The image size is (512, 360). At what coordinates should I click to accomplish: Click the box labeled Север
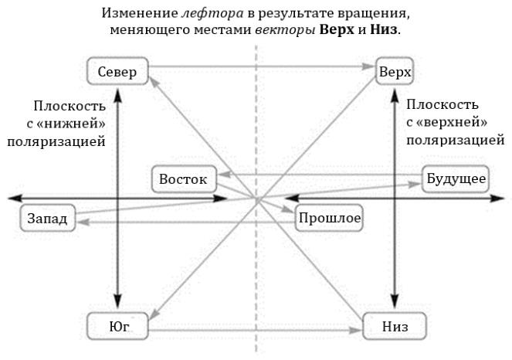(x=117, y=71)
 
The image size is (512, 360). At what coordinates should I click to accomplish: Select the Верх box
(x=395, y=71)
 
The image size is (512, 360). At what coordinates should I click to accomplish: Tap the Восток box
(x=184, y=179)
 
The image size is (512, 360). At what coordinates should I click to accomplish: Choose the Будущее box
(x=456, y=179)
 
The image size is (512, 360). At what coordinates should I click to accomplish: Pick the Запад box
(x=48, y=218)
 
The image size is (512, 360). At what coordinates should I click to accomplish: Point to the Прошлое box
(x=329, y=218)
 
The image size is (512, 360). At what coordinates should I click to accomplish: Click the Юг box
(x=117, y=326)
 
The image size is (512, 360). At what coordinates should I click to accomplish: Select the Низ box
(x=395, y=326)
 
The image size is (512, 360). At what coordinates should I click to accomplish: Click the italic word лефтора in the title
(x=212, y=13)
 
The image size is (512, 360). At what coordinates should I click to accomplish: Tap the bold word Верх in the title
(x=337, y=29)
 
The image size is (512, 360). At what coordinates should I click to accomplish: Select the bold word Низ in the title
(x=384, y=29)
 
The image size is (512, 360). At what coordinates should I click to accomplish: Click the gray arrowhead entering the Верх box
(x=369, y=66)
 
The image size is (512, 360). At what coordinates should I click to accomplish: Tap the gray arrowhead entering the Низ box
(x=356, y=331)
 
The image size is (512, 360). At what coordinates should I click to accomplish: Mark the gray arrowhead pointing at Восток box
(x=224, y=175)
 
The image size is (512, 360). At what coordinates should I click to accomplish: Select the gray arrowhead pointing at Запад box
(x=83, y=222)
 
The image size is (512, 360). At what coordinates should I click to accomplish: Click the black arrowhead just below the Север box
(x=117, y=93)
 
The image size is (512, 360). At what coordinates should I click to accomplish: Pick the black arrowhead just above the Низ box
(x=395, y=303)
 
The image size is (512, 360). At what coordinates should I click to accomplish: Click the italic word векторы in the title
(x=285, y=30)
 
